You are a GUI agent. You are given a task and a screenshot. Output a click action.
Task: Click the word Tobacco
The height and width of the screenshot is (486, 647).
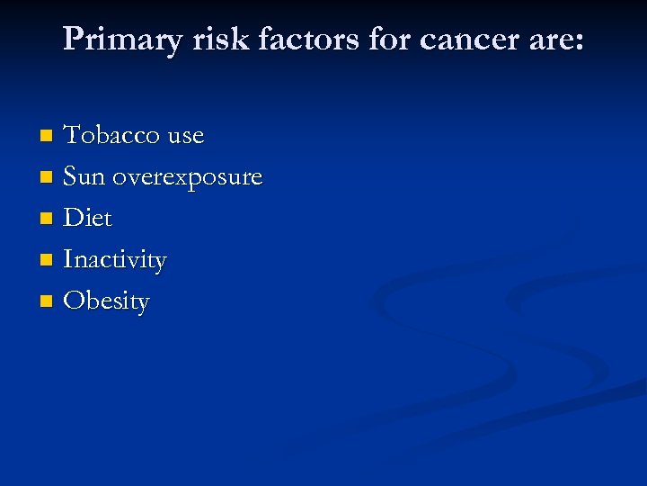(x=113, y=136)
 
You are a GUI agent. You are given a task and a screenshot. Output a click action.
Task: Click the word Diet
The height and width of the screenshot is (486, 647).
(x=88, y=219)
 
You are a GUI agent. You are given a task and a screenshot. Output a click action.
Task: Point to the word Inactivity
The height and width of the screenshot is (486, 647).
(x=115, y=261)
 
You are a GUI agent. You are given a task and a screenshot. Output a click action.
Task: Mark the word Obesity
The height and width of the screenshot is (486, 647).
(x=107, y=301)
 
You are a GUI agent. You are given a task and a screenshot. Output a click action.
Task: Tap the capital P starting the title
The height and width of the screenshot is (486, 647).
(x=74, y=39)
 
